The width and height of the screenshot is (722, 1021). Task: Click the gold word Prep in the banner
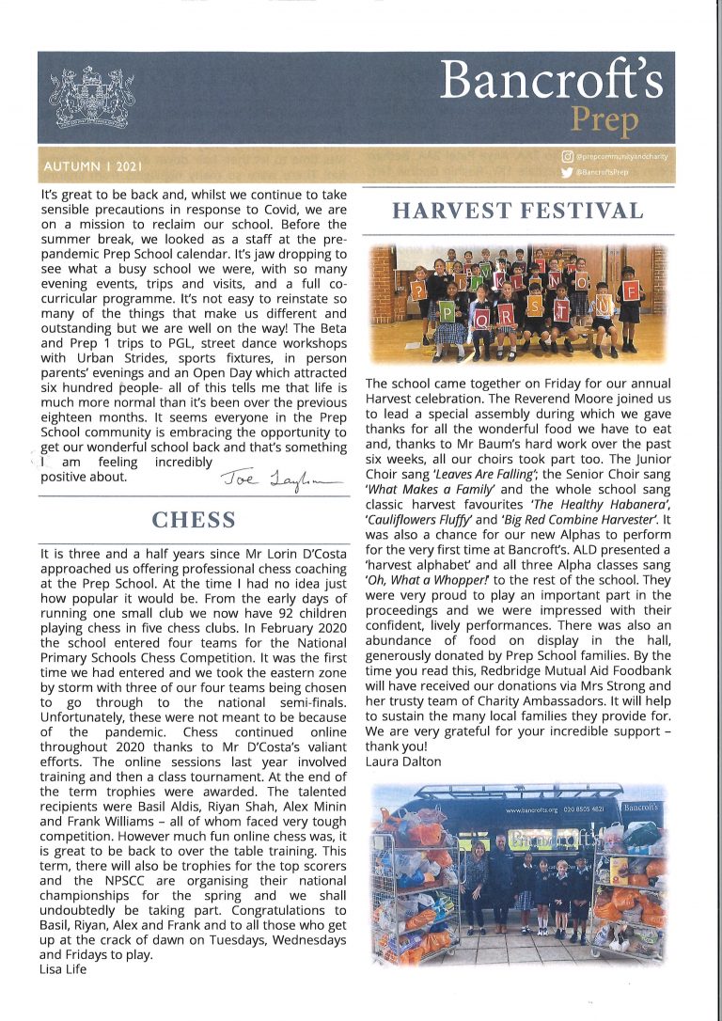[604, 121]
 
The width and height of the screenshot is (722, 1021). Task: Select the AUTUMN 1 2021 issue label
[93, 167]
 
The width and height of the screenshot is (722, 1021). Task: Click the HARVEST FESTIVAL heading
[517, 211]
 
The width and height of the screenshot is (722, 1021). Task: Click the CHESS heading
[194, 520]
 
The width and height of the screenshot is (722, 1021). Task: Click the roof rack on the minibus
[526, 791]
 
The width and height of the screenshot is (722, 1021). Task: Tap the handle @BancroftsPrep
[603, 173]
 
